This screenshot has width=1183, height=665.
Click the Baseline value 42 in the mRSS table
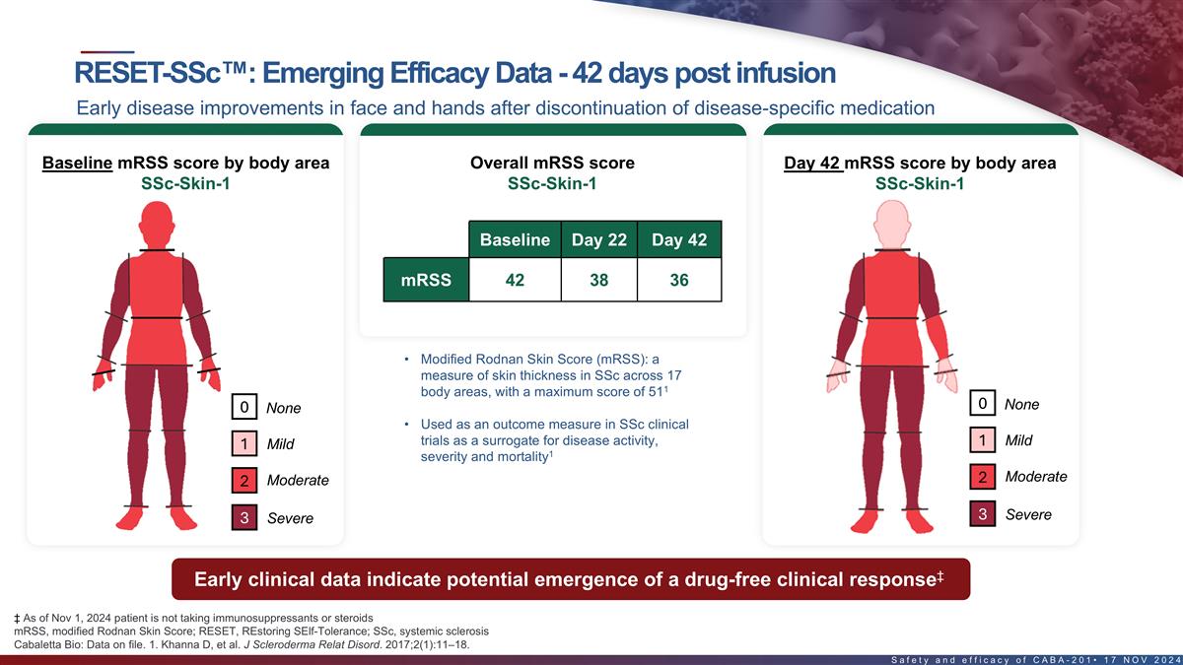click(x=515, y=280)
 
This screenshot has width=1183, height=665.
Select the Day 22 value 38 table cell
click(x=598, y=280)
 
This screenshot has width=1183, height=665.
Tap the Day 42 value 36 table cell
click(x=679, y=280)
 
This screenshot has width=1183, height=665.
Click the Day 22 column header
click(x=598, y=240)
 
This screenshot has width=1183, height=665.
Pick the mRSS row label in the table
click(x=426, y=280)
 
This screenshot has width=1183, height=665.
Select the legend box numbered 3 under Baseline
click(x=244, y=517)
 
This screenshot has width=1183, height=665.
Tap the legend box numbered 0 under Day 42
click(x=982, y=403)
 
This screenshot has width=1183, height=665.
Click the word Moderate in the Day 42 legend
click(x=1035, y=477)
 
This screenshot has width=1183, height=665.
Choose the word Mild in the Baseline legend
click(x=281, y=444)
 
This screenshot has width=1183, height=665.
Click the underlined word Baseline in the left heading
click(x=77, y=163)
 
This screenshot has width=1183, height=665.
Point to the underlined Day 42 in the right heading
click(x=812, y=163)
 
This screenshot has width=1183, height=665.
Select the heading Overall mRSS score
click(x=552, y=163)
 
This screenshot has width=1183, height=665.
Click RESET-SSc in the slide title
click(x=143, y=73)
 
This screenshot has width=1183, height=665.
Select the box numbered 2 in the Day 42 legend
click(x=982, y=478)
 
